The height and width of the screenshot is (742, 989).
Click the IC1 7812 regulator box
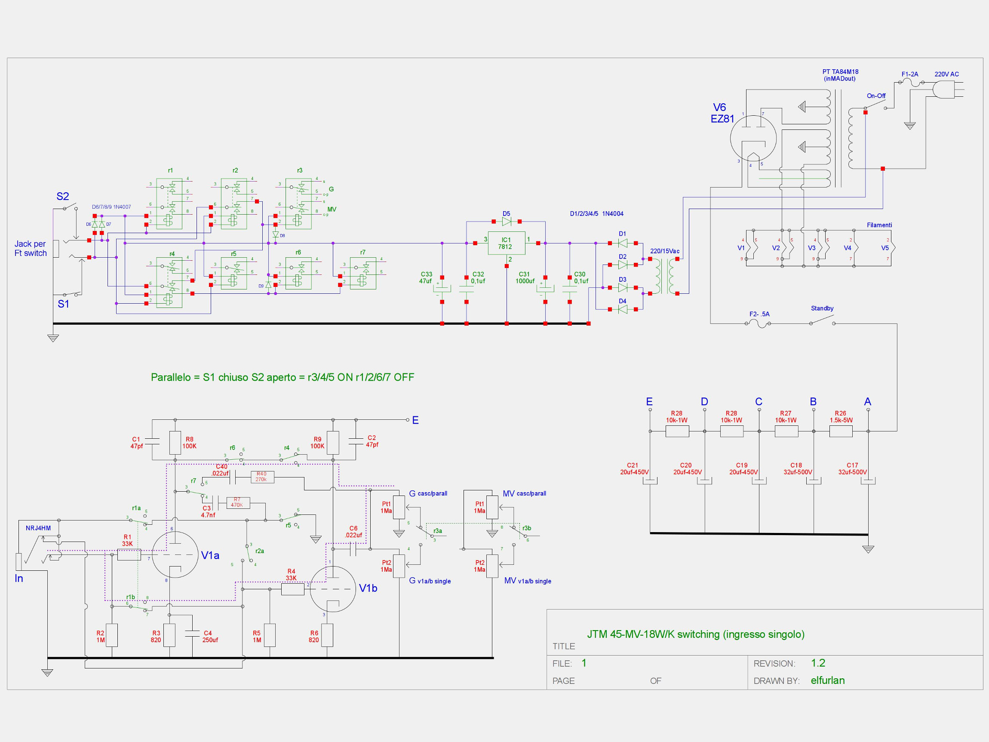(x=506, y=243)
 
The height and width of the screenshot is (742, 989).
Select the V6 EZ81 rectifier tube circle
(x=753, y=139)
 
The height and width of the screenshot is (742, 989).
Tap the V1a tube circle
(x=175, y=554)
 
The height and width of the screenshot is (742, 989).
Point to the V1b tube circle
(x=333, y=589)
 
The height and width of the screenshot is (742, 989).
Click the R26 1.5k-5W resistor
(x=841, y=431)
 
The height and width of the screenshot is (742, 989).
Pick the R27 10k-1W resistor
(x=786, y=431)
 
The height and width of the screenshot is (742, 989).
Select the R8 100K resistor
(x=175, y=443)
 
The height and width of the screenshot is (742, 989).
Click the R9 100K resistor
(x=333, y=443)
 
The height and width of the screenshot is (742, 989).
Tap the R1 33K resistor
(x=129, y=554)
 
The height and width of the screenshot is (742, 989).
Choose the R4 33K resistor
(x=292, y=589)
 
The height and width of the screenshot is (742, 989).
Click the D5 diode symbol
(x=507, y=222)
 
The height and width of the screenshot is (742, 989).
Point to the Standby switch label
(x=822, y=308)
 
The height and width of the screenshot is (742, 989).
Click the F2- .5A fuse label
(x=759, y=314)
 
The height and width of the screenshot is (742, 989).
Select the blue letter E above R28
(x=649, y=402)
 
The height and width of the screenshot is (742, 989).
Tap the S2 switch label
(x=63, y=196)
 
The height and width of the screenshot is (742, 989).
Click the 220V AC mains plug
(x=943, y=89)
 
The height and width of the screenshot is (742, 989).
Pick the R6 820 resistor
(x=327, y=635)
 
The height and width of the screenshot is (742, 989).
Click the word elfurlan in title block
(x=828, y=680)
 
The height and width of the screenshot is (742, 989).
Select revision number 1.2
(x=818, y=663)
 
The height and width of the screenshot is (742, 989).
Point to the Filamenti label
(x=879, y=225)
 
